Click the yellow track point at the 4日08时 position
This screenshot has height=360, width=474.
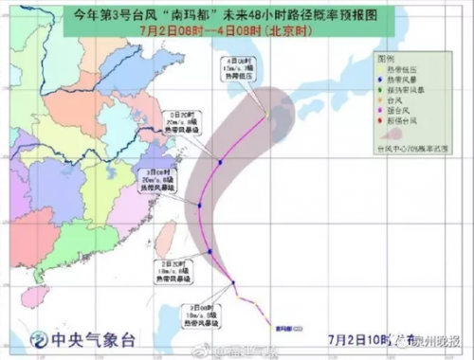point(267,115)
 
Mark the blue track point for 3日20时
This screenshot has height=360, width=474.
point(219,163)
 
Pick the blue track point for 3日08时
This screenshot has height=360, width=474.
point(200,205)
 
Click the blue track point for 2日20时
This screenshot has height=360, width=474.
point(209,251)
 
